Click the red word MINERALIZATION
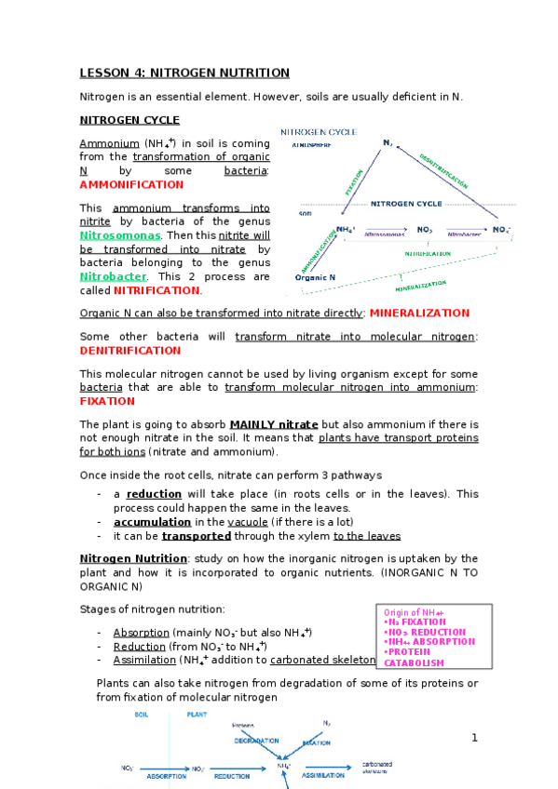420,313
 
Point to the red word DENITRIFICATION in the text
130,350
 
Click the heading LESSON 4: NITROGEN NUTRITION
184,73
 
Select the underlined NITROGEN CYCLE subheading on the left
129,120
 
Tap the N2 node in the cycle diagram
388,142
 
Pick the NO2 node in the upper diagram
424,229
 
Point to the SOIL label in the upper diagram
305,213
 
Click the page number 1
474,738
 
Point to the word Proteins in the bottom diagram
243,724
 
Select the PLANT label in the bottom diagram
197,715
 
